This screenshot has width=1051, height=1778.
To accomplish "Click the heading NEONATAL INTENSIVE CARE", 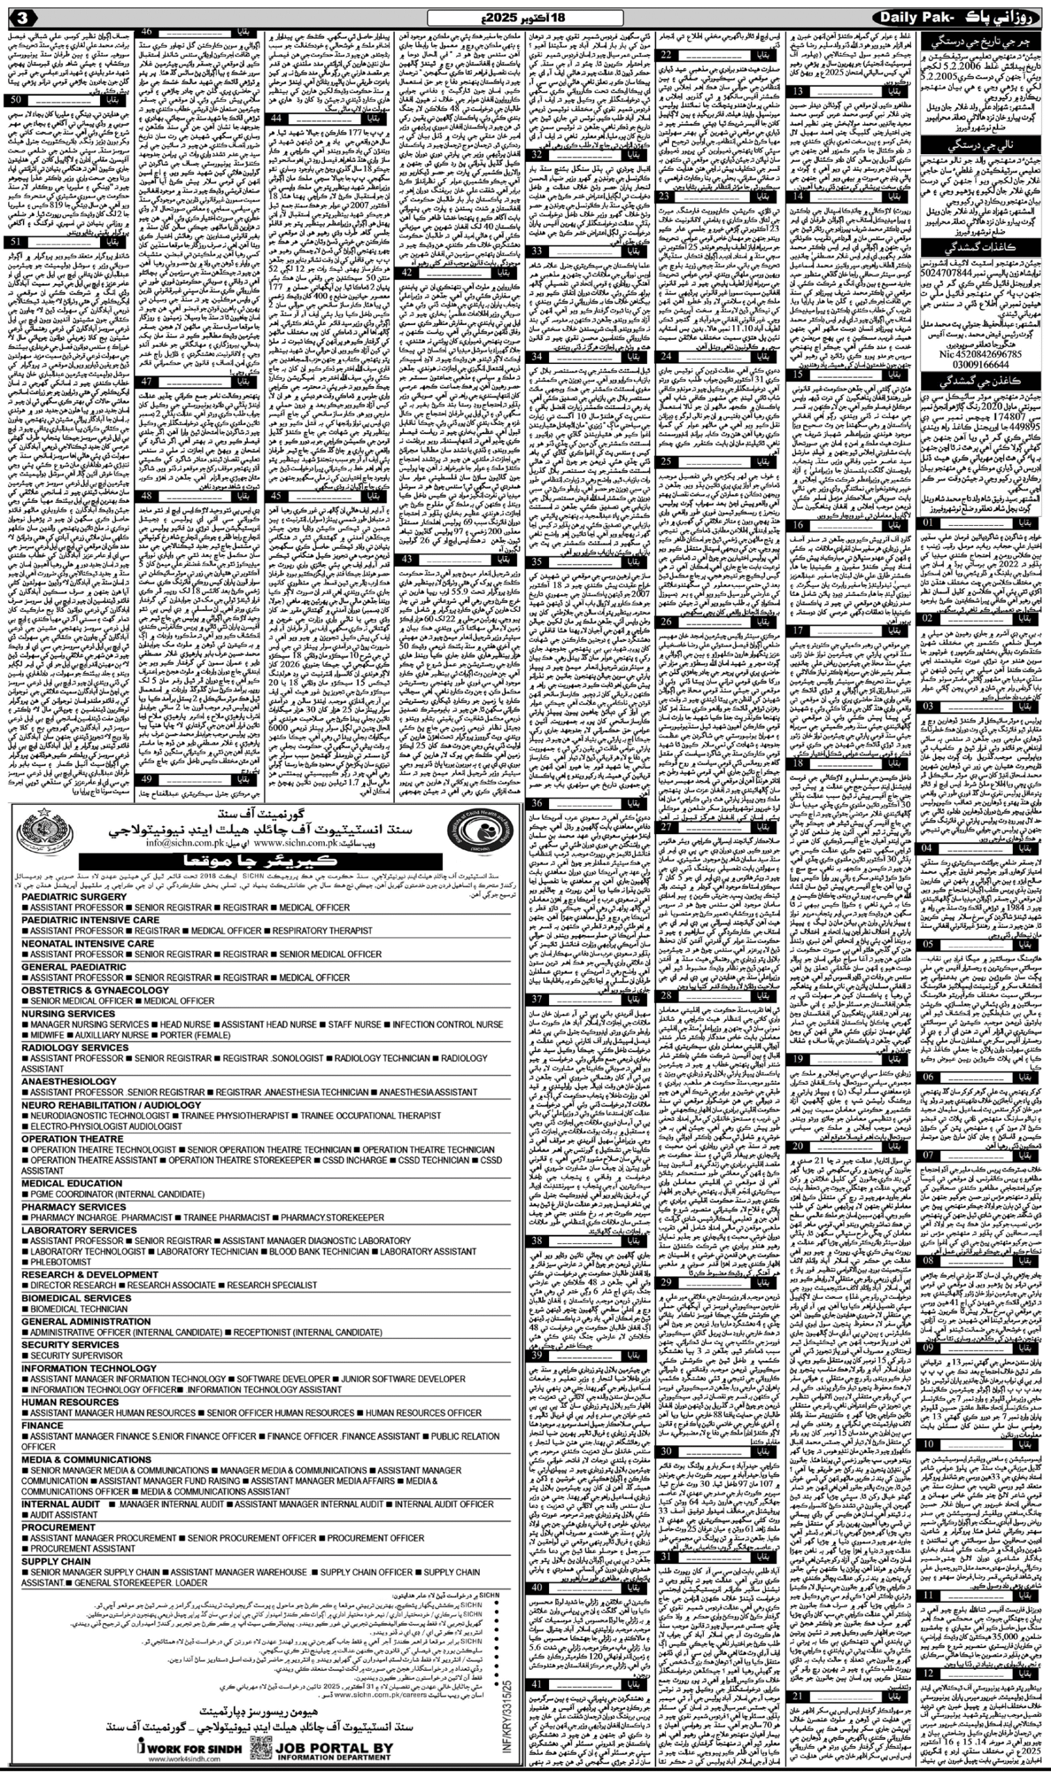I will tap(87, 944).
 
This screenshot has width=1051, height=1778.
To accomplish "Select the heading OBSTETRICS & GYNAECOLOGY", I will tap(95, 990).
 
